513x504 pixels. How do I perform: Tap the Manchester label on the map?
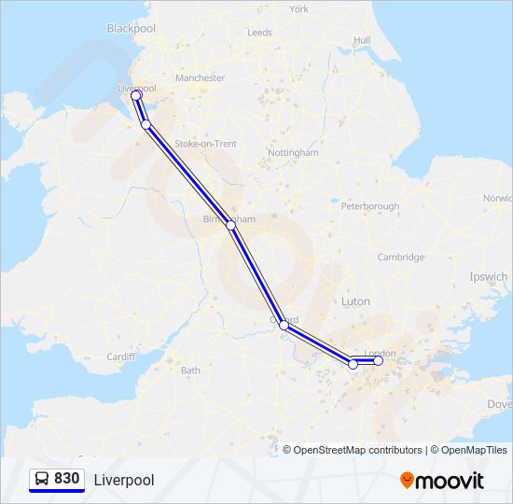click(x=200, y=78)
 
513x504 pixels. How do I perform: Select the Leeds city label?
click(x=259, y=33)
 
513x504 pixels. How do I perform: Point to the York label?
click(x=298, y=9)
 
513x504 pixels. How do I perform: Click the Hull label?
click(x=362, y=40)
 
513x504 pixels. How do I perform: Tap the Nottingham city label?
click(x=293, y=152)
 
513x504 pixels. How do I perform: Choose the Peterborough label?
click(x=369, y=206)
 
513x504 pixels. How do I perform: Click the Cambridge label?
click(x=401, y=258)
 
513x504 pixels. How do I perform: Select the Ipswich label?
click(x=490, y=277)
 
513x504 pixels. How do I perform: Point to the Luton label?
click(x=355, y=301)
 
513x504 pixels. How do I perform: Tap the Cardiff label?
click(x=121, y=357)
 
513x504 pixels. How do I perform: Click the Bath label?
click(x=190, y=371)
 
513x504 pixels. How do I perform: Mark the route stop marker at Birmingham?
click(x=230, y=225)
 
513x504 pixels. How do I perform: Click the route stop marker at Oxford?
click(x=284, y=326)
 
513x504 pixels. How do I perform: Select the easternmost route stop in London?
click(x=379, y=360)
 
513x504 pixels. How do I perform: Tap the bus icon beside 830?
click(x=41, y=479)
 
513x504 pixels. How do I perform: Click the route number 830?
click(x=66, y=479)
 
